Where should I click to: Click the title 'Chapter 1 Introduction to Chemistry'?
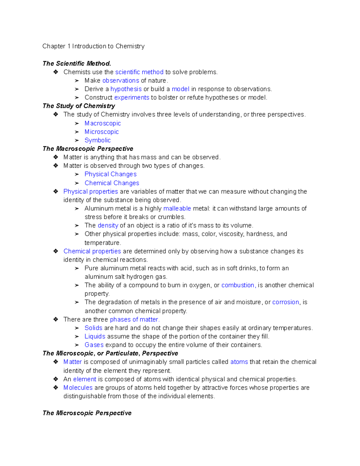(x=93, y=46)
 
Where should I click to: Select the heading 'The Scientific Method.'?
(x=77, y=64)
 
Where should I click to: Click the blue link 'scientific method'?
(x=139, y=72)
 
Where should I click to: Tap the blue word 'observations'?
(x=121, y=80)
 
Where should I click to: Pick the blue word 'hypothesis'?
(x=126, y=89)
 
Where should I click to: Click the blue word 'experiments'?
(x=132, y=98)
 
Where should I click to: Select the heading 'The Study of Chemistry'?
(x=79, y=106)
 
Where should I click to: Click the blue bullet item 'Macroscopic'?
(x=103, y=123)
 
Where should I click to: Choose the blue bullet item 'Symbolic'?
(x=97, y=140)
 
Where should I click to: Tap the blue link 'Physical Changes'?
(x=110, y=174)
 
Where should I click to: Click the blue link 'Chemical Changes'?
(x=112, y=183)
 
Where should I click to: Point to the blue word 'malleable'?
(x=177, y=209)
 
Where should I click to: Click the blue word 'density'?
(x=108, y=225)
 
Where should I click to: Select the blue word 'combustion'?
(x=238, y=285)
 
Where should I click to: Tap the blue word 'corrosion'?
(x=286, y=302)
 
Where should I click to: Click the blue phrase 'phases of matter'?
(x=134, y=320)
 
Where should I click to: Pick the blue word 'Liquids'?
(x=95, y=336)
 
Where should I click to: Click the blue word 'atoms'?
(x=239, y=362)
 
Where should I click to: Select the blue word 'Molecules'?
(x=78, y=388)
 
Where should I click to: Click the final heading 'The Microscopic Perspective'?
(x=87, y=413)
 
